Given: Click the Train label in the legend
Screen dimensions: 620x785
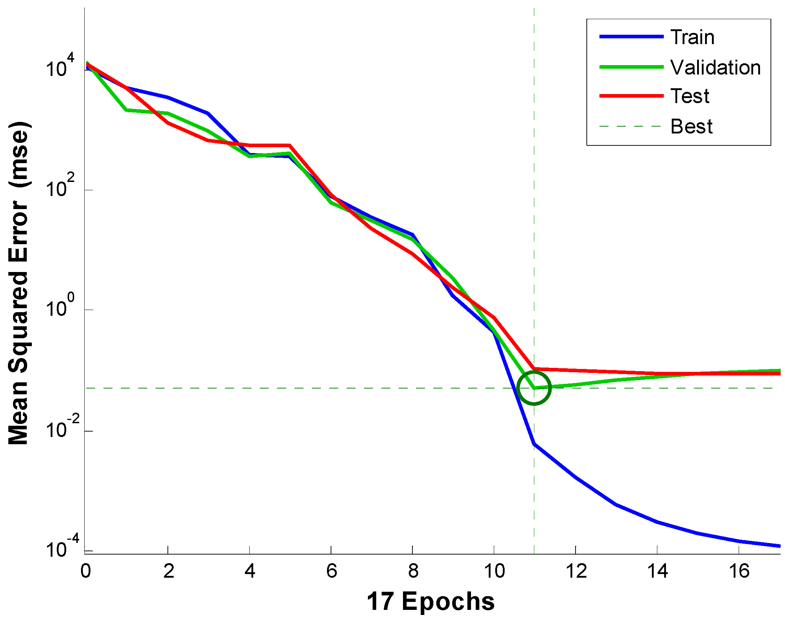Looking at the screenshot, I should [692, 37].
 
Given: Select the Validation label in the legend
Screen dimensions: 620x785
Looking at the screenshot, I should [715, 68].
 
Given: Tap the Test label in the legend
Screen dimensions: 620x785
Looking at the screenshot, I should [689, 96].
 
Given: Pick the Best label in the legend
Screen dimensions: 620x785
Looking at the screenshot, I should [691, 127].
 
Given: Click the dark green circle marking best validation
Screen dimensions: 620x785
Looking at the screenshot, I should [534, 388].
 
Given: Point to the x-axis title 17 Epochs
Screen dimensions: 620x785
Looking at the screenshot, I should [430, 602].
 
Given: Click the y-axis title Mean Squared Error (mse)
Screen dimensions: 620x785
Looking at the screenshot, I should [19, 283].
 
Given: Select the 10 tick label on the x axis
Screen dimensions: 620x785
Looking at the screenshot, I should [494, 572].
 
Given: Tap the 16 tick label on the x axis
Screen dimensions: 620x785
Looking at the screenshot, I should [739, 572].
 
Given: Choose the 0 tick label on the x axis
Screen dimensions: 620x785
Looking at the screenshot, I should [86, 572].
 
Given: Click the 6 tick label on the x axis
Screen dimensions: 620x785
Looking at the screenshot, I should [331, 572].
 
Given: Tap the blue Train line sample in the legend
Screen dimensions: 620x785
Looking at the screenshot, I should [631, 37].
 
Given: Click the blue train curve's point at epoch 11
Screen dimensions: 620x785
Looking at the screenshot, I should [534, 444].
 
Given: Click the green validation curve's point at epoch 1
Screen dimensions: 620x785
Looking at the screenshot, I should [126, 110].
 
